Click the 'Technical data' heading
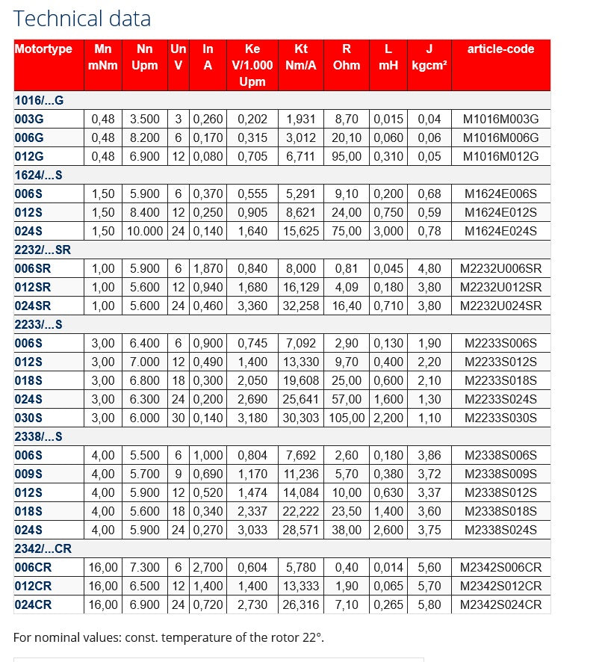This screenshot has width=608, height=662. point(82,18)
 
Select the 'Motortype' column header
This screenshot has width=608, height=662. point(43,49)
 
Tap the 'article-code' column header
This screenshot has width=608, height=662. point(500,49)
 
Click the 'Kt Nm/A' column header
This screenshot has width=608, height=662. point(301,57)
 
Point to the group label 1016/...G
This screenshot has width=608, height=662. point(40,100)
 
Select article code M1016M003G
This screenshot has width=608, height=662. point(500,119)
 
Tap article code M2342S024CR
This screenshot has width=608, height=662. point(500,604)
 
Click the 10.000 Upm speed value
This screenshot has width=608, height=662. point(145,231)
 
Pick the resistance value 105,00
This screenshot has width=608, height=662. point(346,418)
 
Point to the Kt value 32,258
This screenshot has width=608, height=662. point(301,306)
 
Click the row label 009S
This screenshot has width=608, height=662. point(29,474)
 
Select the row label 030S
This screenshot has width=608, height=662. point(29,418)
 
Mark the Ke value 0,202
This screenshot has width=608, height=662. point(252,119)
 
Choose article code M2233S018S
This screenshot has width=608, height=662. point(500,380)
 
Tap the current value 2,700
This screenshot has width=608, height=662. point(208,567)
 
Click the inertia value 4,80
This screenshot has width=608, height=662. point(429,268)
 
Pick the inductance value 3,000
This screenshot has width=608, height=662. point(388,231)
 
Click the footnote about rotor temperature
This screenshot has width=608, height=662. point(169,637)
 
